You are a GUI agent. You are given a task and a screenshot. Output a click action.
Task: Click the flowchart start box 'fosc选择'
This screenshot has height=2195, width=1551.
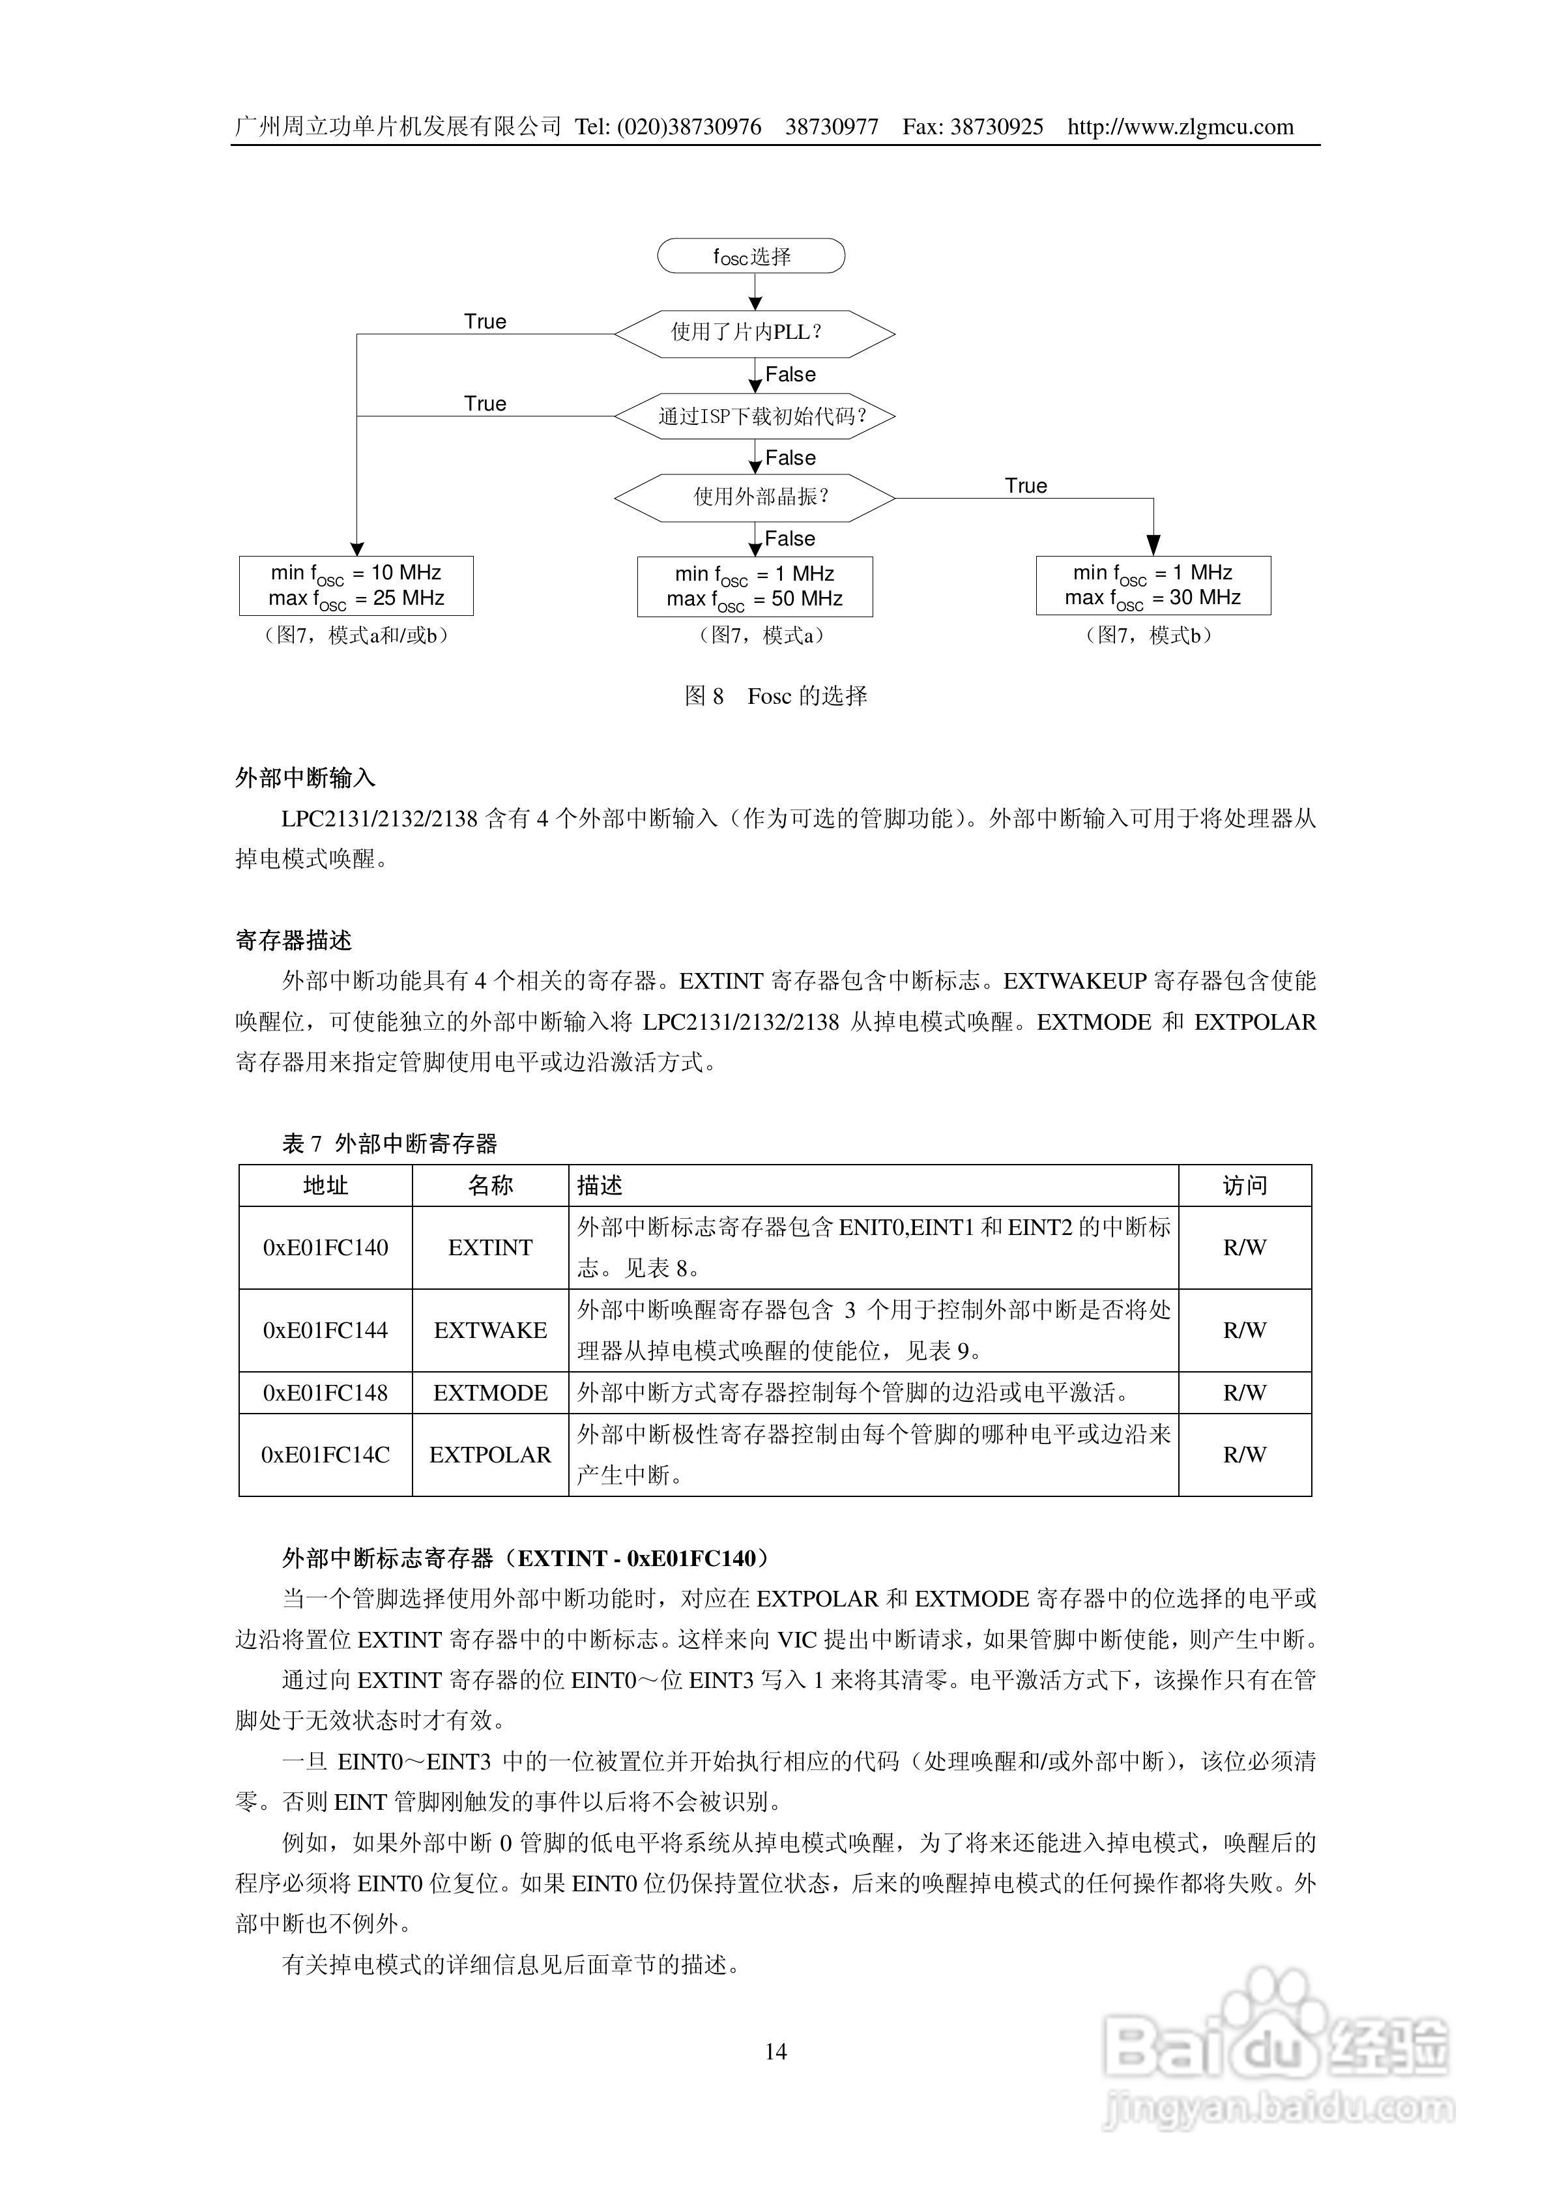pos(751,256)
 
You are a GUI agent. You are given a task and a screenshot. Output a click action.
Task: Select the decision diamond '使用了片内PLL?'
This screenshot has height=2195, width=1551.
pos(755,332)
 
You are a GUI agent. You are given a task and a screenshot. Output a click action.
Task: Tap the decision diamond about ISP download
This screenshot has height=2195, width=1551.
pos(755,416)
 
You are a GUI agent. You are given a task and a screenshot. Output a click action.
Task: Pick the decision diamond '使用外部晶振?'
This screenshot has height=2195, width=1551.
pos(755,497)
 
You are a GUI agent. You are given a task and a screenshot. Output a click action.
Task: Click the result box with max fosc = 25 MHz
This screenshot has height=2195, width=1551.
pos(356,585)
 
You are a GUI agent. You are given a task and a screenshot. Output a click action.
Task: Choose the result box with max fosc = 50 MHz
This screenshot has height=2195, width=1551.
pos(755,586)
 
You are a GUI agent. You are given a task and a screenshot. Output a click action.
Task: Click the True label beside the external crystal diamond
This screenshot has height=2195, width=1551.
pos(1025,486)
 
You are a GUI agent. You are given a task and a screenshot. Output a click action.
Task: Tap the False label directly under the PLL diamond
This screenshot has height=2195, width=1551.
pos(790,375)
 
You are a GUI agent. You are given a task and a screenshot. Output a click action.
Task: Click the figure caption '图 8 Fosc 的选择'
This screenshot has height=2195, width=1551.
pos(775,696)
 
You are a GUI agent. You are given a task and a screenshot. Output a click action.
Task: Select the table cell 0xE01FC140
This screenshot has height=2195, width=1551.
pos(325,1247)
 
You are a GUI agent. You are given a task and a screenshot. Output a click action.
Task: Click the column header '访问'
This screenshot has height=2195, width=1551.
pos(1244,1185)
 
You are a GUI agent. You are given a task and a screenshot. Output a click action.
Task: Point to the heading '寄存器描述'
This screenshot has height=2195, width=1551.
pos(293,940)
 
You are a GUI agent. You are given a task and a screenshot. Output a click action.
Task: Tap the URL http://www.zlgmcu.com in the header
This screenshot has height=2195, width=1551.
pos(1180,127)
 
